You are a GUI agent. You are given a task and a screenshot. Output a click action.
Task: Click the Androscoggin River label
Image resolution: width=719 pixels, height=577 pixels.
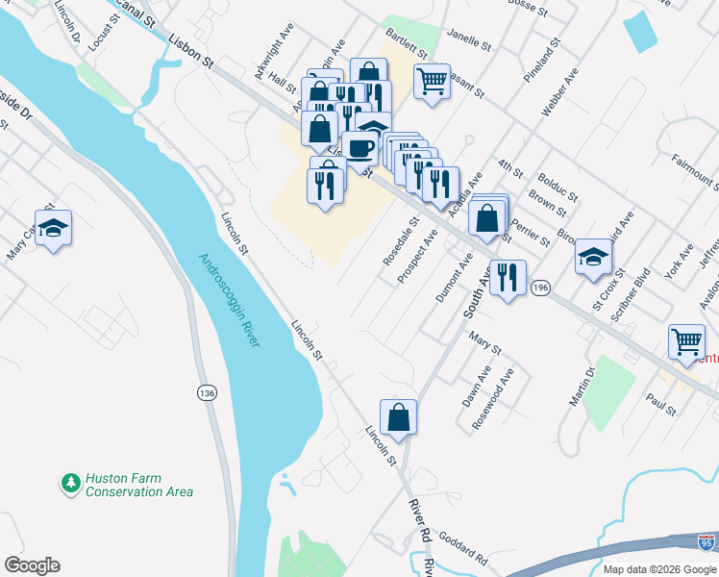[x=230, y=300]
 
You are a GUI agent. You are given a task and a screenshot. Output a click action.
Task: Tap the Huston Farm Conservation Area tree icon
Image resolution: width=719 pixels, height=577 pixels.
[x=69, y=484]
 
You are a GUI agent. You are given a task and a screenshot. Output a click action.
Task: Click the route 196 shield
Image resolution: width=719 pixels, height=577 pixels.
[x=541, y=288]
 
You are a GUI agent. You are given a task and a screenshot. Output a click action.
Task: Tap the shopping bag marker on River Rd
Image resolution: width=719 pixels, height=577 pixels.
[x=398, y=418]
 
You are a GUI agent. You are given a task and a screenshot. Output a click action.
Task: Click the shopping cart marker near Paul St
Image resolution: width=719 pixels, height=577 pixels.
[x=687, y=341]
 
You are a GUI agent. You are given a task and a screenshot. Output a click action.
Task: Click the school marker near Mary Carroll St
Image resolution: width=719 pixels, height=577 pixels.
[x=54, y=228]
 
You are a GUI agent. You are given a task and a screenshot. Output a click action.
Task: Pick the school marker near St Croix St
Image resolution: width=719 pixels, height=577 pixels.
[x=594, y=257]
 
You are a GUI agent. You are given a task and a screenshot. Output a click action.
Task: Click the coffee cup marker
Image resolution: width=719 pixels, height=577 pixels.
[x=360, y=148]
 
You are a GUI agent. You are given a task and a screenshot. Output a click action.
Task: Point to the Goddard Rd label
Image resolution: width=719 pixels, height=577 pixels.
[x=467, y=552]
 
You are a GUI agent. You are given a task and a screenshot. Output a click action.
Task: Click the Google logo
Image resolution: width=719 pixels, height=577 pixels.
[x=32, y=565]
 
